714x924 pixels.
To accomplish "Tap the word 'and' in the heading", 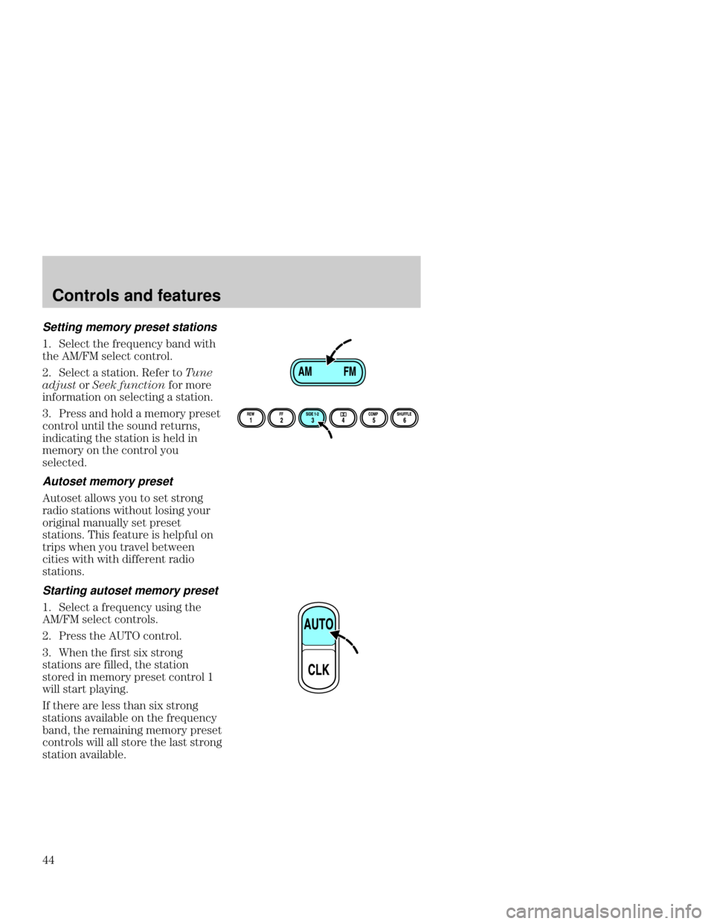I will pyautogui.click(x=129, y=295).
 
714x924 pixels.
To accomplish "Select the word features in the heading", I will pyautogui.click(x=184, y=295).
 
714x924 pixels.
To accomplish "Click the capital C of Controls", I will pyautogui.click(x=57, y=295).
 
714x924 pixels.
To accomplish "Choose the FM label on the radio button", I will pyautogui.click(x=350, y=372).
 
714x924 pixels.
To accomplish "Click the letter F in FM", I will pyautogui.click(x=347, y=372).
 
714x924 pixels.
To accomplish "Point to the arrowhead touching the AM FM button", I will pyautogui.click(x=330, y=360).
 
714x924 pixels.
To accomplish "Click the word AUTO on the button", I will pyautogui.click(x=318, y=624).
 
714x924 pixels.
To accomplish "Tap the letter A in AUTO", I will pyautogui.click(x=308, y=624).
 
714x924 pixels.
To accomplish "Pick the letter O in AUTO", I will pyautogui.click(x=329, y=624).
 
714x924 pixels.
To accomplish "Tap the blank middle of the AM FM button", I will pyautogui.click(x=327, y=373).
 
